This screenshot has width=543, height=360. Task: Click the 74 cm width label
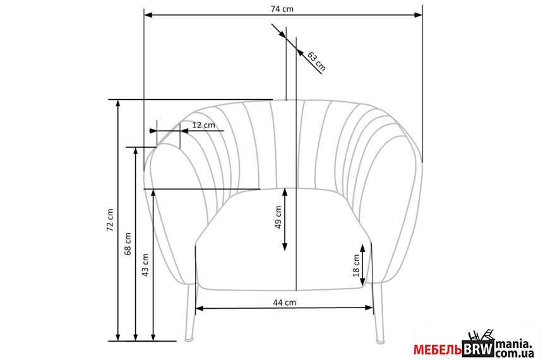[x=282, y=9]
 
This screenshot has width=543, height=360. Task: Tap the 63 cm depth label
[x=316, y=61]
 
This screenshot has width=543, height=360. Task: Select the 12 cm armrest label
[x=203, y=124]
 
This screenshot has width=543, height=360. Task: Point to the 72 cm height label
[x=110, y=220]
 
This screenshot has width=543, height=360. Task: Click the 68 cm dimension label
[x=128, y=244]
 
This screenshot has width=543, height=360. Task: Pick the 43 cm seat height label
[x=145, y=265]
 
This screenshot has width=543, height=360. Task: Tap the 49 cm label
[x=278, y=217]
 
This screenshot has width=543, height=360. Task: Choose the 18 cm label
[x=356, y=266]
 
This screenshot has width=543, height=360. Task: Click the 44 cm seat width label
[x=285, y=303]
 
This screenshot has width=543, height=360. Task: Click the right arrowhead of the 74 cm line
[x=419, y=15]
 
